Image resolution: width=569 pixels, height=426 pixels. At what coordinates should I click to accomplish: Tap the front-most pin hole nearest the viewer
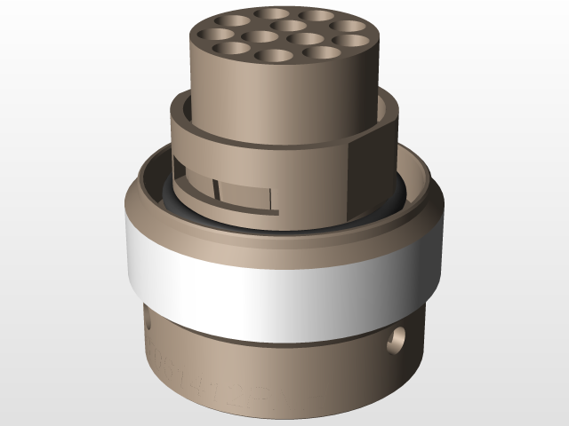coord(273,56)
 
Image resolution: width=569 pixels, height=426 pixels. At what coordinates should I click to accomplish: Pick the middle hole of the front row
coord(273,56)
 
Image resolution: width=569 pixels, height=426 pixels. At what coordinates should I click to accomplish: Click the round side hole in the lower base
coord(397,337)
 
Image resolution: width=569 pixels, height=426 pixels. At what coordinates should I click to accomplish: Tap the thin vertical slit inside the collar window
coord(215,188)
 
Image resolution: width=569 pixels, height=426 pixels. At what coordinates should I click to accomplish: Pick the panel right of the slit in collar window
coord(244,193)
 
